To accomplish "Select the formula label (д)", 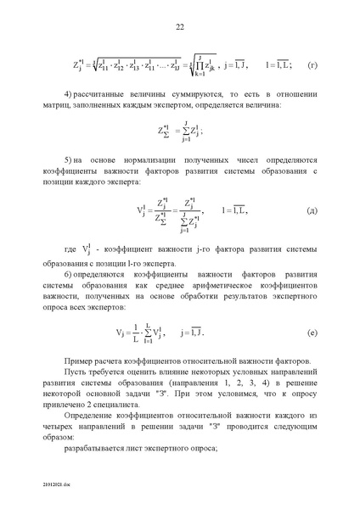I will [x=312, y=209].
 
